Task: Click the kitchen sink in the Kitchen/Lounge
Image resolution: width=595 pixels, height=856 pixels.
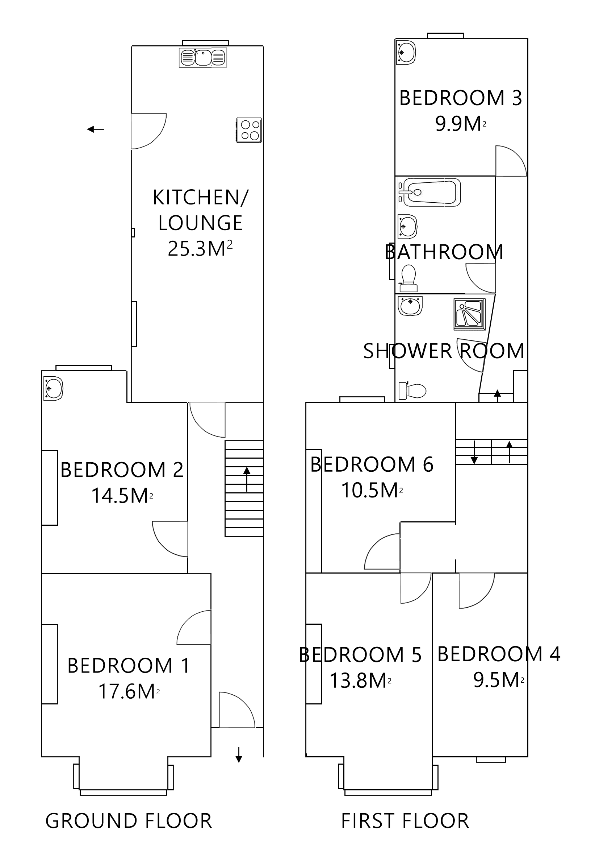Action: (202, 57)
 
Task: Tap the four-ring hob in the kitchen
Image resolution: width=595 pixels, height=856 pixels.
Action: (249, 130)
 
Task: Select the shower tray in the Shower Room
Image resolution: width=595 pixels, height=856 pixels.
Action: (470, 314)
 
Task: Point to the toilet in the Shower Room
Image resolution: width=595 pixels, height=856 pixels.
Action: (412, 391)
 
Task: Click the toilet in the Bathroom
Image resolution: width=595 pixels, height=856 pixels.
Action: (408, 278)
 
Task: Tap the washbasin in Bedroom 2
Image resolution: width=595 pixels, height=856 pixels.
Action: (53, 388)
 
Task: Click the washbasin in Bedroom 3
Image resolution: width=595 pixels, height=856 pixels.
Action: (406, 52)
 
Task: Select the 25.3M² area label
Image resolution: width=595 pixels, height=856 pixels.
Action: (200, 249)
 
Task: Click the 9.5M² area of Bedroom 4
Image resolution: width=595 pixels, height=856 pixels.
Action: (498, 681)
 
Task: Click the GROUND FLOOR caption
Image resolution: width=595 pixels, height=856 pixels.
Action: (129, 820)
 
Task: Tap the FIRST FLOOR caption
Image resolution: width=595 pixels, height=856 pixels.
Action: (405, 820)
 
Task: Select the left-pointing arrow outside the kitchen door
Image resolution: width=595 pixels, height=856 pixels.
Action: (95, 129)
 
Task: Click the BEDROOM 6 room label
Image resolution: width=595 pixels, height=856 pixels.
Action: (372, 464)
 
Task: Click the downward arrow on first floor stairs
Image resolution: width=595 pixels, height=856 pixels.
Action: (474, 452)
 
